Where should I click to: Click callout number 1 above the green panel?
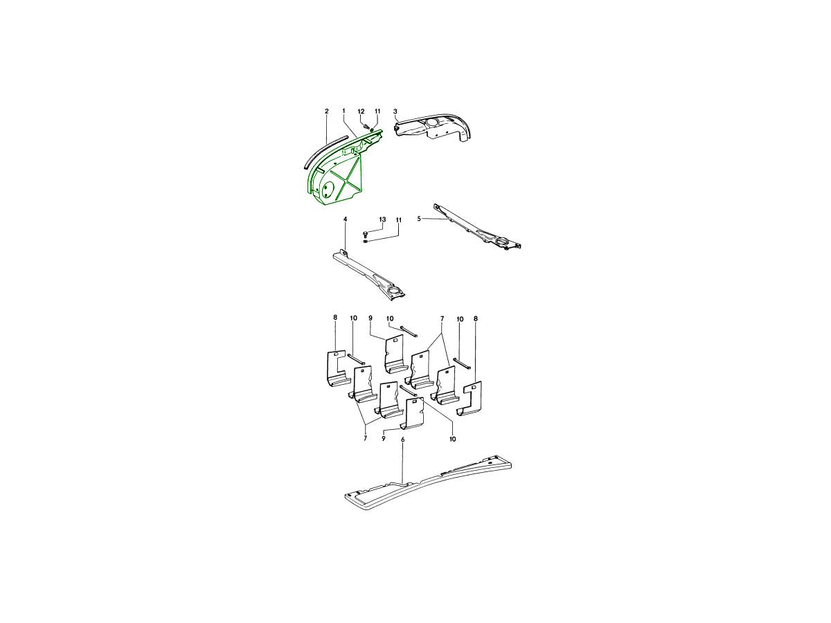tap(343, 111)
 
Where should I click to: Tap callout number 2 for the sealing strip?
tap(326, 111)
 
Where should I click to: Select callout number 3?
tap(395, 111)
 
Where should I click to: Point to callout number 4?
tap(345, 219)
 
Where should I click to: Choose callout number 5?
tap(419, 218)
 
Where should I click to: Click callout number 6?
tap(402, 440)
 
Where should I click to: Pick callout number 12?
tap(361, 111)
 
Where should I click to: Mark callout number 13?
tap(382, 219)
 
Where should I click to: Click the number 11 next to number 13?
tap(398, 219)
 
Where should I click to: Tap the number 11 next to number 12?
tap(377, 111)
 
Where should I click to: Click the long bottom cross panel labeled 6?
tap(428, 482)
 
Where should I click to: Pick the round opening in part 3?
tap(431, 123)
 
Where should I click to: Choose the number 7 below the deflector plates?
tap(366, 438)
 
